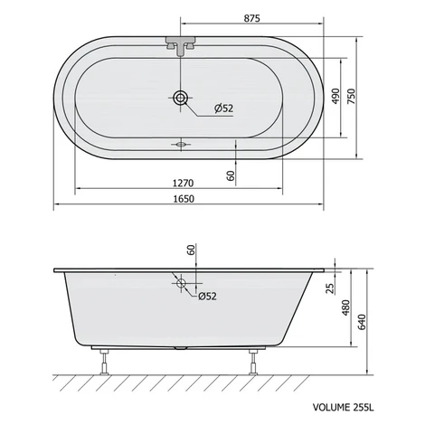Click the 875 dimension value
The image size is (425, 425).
pyautogui.click(x=251, y=18)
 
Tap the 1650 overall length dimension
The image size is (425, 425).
pyautogui.click(x=184, y=199)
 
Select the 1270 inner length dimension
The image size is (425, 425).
pyautogui.click(x=183, y=183)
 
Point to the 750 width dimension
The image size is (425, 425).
pyautogui.click(x=352, y=97)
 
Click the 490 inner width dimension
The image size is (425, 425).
pyautogui.click(x=335, y=97)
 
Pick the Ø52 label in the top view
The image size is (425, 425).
pyautogui.click(x=224, y=109)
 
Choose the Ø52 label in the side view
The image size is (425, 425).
pyautogui.click(x=207, y=297)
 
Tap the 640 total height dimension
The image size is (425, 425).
pyautogui.click(x=362, y=322)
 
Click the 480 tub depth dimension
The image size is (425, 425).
pyautogui.click(x=346, y=307)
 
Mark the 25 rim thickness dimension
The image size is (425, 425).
pyautogui.click(x=331, y=288)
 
